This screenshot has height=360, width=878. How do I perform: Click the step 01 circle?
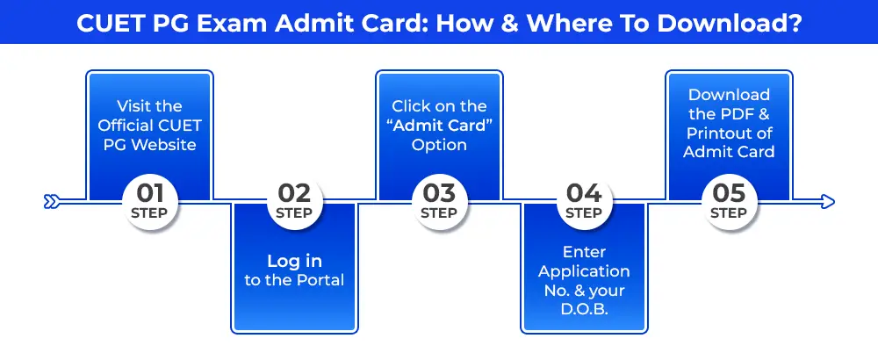click(149, 202)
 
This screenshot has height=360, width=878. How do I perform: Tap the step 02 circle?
click(294, 202)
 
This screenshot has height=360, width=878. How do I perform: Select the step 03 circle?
click(439, 202)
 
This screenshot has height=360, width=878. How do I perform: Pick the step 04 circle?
click(584, 202)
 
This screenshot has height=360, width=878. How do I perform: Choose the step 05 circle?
click(729, 202)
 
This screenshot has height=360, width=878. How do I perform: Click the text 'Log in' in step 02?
click(294, 261)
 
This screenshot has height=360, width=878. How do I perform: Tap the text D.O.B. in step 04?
click(584, 309)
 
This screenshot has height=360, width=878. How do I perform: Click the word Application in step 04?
click(584, 271)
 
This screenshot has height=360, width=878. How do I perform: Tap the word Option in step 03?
click(439, 144)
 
